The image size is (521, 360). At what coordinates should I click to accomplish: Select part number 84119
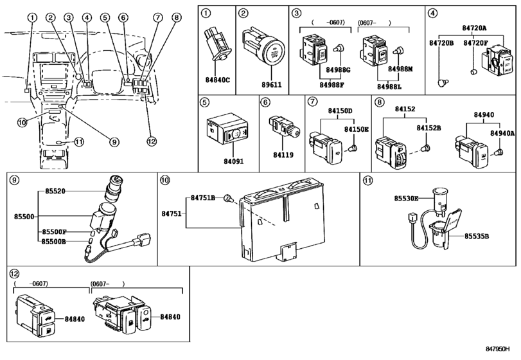point(282,155)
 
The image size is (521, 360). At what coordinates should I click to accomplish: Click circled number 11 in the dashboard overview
point(79,142)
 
